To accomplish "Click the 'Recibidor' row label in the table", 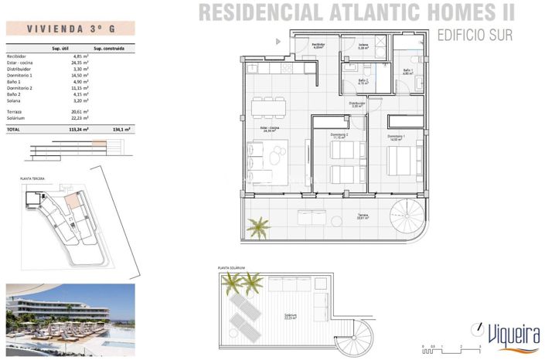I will [x=16, y=56].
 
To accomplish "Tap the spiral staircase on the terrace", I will [x=407, y=212].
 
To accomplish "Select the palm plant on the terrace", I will [x=257, y=226].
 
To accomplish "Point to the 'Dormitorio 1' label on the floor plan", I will [x=396, y=136].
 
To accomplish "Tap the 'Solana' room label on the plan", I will [x=363, y=45].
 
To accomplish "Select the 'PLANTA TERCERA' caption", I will [x=32, y=178].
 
